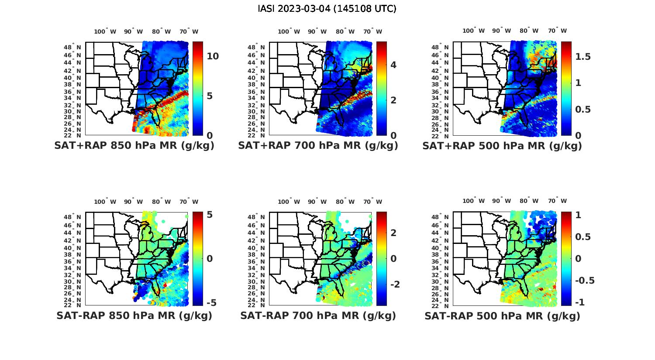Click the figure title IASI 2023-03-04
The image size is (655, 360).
coord(327,9)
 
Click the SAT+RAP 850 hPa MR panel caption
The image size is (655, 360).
coord(134,146)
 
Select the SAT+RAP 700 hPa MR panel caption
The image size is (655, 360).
coord(318,146)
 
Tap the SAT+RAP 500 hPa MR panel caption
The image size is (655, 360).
coord(502,146)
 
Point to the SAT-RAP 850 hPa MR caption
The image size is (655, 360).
coord(134,315)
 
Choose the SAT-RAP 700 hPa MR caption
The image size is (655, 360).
coord(318,315)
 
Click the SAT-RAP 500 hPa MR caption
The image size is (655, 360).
coord(502,316)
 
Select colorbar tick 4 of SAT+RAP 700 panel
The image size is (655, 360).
coord(393,65)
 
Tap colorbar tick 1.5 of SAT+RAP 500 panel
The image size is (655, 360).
coord(583,57)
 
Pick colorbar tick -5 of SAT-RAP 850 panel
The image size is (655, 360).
coord(210,303)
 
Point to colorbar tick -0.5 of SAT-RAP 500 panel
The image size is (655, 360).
coord(584,281)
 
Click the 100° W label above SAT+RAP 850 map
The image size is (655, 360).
coord(105,31)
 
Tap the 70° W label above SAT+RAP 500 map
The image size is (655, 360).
coord(557,31)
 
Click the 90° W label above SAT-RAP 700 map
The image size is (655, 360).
coord(317,202)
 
